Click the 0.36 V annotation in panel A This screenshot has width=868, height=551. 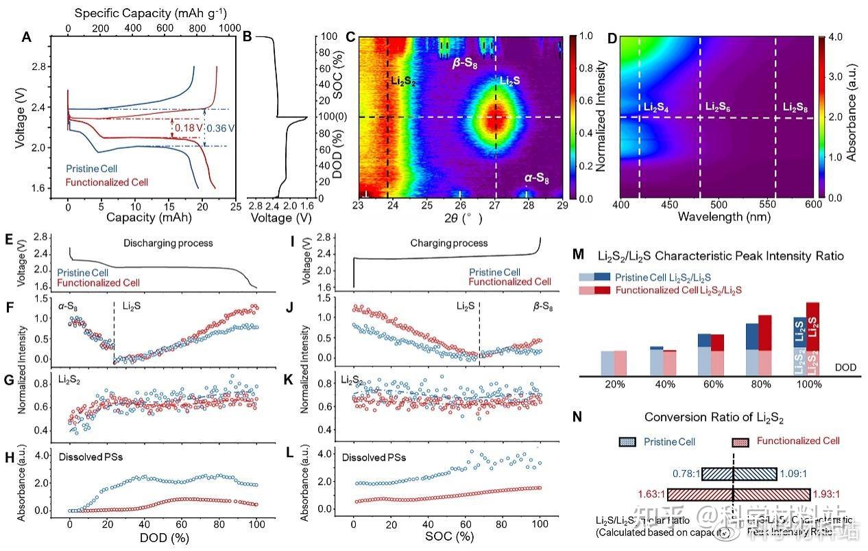221,127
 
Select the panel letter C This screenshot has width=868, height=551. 350,38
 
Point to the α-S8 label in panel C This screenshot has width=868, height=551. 538,178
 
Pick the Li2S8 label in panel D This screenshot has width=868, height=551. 799,107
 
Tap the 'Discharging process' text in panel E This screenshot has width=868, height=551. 168,243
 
